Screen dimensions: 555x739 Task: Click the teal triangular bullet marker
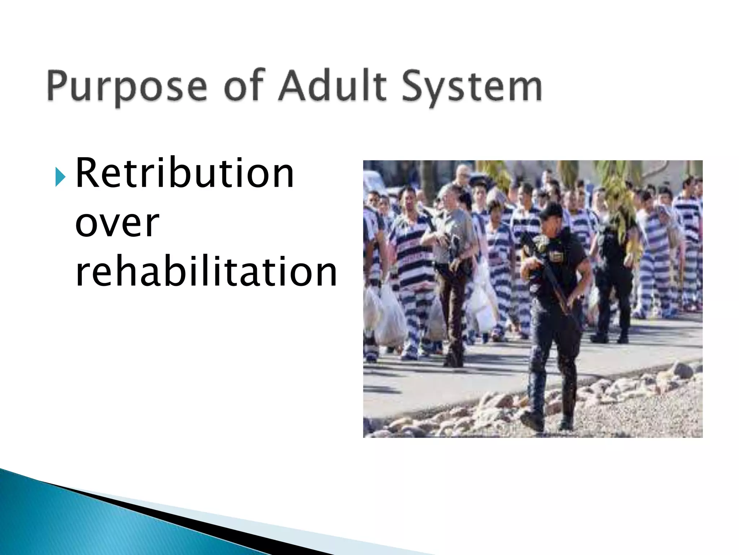(60, 177)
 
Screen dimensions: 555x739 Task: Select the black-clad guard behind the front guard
(613, 275)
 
